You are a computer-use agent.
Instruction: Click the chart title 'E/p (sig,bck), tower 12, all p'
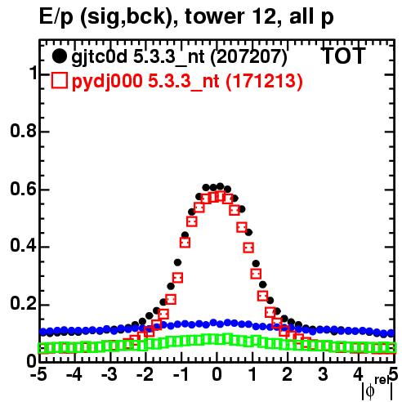click(186, 17)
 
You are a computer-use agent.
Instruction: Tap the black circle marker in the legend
click(59, 56)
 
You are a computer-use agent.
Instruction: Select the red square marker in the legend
click(59, 81)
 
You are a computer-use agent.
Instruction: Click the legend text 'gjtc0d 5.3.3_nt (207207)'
click(179, 57)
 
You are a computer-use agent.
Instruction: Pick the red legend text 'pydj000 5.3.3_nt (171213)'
click(187, 82)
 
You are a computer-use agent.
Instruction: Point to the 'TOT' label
click(343, 56)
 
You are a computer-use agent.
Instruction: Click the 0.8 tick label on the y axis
click(23, 131)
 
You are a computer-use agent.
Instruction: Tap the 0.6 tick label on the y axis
click(23, 189)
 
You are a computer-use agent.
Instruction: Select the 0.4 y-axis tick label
click(23, 247)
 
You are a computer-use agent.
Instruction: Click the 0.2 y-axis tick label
click(23, 305)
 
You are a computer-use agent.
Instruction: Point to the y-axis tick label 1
click(33, 74)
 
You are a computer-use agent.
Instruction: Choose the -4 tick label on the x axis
click(74, 374)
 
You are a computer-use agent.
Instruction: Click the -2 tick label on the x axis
click(145, 374)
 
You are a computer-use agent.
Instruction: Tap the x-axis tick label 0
click(217, 374)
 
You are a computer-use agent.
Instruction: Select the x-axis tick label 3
click(323, 374)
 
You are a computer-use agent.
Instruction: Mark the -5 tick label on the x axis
click(38, 374)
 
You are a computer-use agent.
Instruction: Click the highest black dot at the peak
click(220, 186)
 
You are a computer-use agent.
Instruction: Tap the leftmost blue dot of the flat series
click(43, 332)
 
